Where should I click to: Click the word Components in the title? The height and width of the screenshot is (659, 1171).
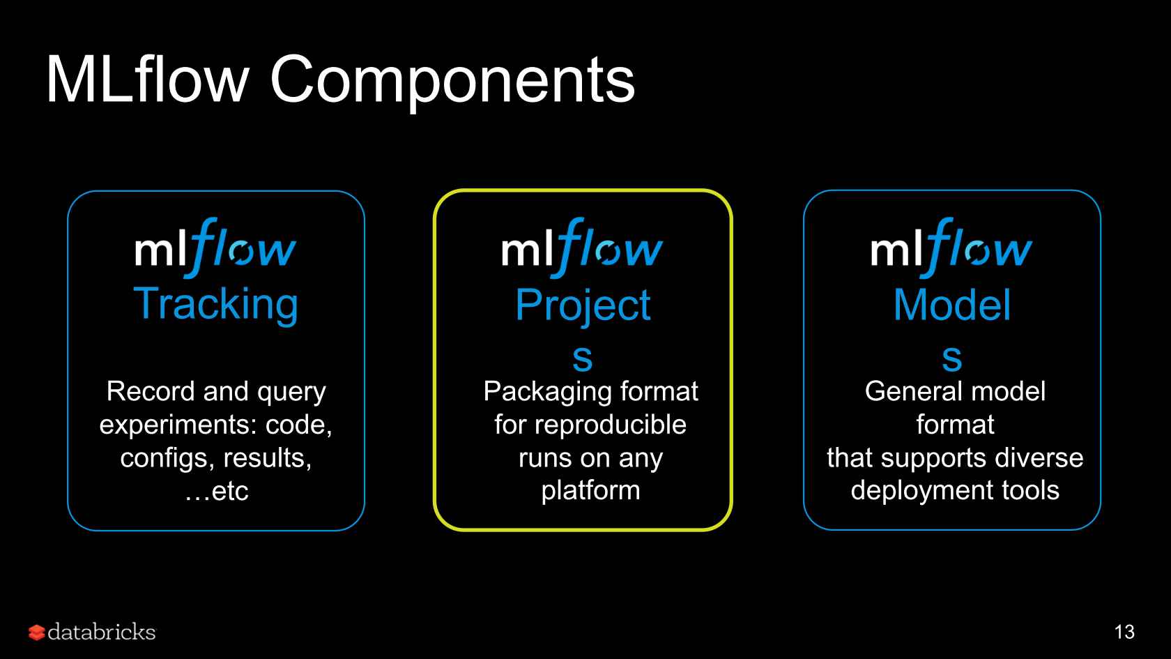click(452, 82)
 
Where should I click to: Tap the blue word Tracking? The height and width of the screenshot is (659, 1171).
click(215, 305)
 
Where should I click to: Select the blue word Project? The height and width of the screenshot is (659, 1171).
click(583, 307)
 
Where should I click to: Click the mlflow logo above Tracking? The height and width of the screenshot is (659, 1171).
click(215, 248)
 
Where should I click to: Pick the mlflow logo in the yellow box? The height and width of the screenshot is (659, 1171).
click(583, 248)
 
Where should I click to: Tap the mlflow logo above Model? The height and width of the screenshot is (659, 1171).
click(951, 248)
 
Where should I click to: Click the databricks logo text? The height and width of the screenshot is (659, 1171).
click(102, 632)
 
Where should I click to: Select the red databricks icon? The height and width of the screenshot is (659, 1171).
click(36, 633)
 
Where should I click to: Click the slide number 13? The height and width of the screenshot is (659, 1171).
click(1124, 632)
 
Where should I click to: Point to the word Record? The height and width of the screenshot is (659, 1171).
click(151, 391)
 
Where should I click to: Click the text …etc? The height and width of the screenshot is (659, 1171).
click(216, 491)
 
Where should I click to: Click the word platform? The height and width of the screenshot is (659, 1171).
click(591, 491)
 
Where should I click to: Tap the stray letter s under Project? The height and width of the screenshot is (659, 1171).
click(583, 358)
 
